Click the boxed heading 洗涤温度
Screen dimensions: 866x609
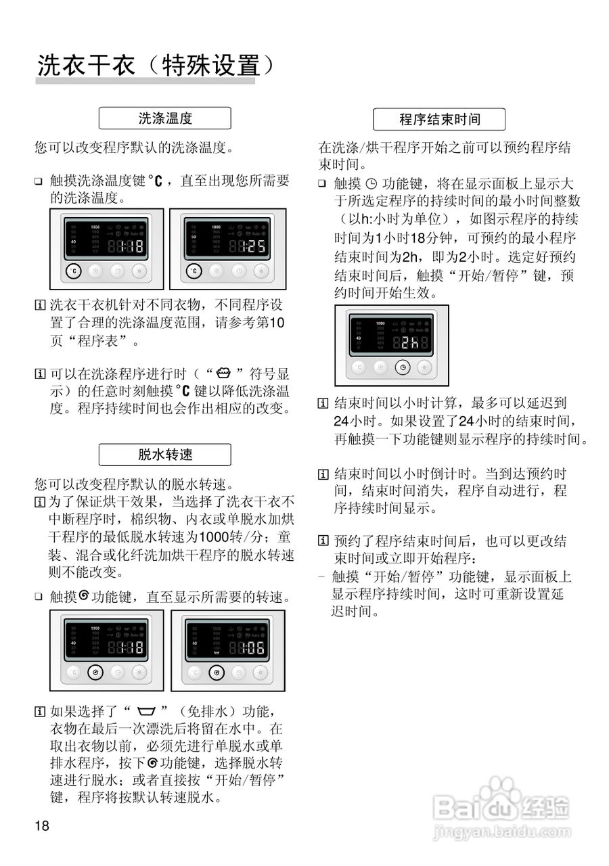pos(165,118)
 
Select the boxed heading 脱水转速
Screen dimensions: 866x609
pos(165,455)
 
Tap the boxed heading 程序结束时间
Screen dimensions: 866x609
pos(439,120)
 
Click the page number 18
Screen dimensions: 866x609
pos(43,825)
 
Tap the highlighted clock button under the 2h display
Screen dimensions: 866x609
pos(403,367)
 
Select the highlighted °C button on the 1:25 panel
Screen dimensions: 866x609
pos(194,271)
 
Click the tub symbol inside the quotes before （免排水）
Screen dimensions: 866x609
pos(145,712)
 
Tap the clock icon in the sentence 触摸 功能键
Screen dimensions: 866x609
pos(370,183)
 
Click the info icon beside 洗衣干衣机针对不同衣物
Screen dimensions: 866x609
pos(39,306)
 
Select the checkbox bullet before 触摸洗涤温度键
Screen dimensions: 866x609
pos(39,181)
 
